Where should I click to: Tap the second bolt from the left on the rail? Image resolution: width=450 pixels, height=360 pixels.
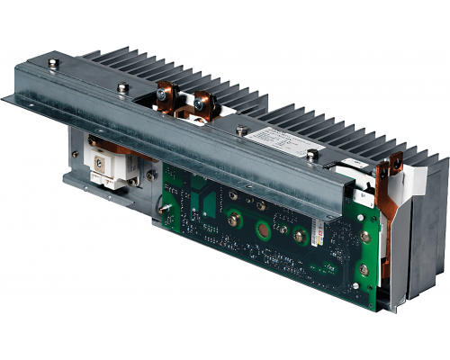[x=121, y=88]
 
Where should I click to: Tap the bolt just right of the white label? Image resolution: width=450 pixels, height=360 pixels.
[x=311, y=155]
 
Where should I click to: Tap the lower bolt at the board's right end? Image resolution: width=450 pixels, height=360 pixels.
[x=364, y=269]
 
